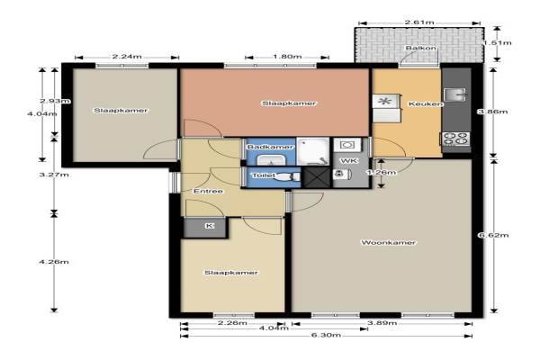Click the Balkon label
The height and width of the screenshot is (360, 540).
coord(420,48)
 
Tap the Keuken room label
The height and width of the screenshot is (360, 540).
coord(425,103)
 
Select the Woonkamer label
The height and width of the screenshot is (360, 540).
coord(388,242)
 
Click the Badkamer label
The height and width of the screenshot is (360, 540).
coord(270,147)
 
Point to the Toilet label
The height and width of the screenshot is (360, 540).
coord(264,175)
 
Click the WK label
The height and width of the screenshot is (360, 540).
coord(349,161)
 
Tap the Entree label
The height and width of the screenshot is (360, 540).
coord(208,191)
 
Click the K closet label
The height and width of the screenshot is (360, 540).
coord(210,226)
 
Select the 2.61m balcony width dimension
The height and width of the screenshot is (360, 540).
coord(419,22)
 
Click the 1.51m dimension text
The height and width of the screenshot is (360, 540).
coord(497,43)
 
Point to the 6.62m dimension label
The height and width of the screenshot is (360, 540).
coord(493,235)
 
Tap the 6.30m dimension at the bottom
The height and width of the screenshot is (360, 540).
coord(326,335)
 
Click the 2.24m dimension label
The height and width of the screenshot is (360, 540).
coord(127,57)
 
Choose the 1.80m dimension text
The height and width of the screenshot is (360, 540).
coord(287,57)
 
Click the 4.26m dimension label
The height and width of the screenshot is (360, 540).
coord(54,262)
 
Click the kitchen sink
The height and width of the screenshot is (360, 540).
coord(455,94)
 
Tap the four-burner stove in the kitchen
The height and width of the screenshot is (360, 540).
coord(455,139)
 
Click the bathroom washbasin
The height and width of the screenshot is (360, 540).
coord(271,160)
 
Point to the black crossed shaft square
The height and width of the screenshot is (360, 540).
coord(317,177)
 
